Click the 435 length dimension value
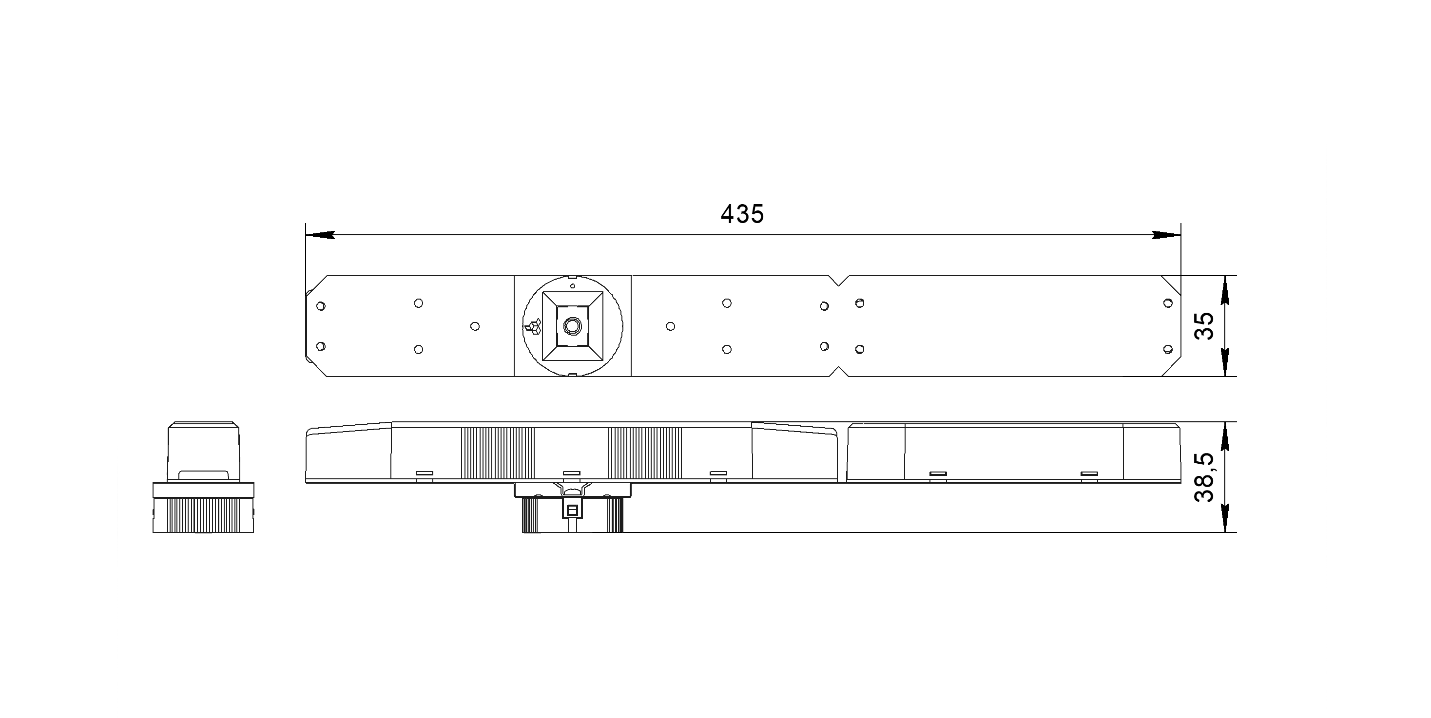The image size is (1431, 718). point(742,214)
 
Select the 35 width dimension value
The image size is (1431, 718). point(1204,326)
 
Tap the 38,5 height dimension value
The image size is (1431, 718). point(1204,477)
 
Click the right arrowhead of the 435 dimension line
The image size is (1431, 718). point(1166,235)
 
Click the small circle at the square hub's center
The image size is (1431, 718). point(572,326)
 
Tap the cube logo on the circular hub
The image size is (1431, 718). point(533,326)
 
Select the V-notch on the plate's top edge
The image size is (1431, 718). point(840,281)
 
